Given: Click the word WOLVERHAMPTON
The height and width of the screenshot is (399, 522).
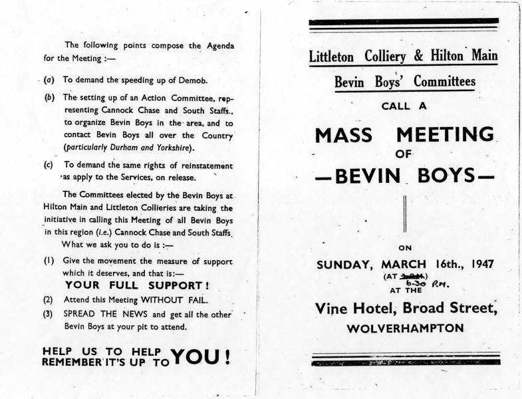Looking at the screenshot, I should pyautogui.click(x=405, y=328).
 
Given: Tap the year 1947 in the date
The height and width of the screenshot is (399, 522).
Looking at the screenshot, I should pyautogui.click(x=481, y=263).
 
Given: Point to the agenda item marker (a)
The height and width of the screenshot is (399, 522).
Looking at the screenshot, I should pyautogui.click(x=49, y=80).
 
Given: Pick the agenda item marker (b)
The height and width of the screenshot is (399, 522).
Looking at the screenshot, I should pyautogui.click(x=49, y=96).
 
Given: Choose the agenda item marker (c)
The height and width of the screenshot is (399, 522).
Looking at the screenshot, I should pyautogui.click(x=49, y=165).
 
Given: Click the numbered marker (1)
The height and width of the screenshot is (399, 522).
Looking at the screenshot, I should pyautogui.click(x=49, y=261).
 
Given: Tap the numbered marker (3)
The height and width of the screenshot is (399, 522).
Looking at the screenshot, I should pyautogui.click(x=49, y=312).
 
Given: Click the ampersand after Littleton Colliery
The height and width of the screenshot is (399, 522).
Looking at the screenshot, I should pyautogui.click(x=418, y=56).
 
